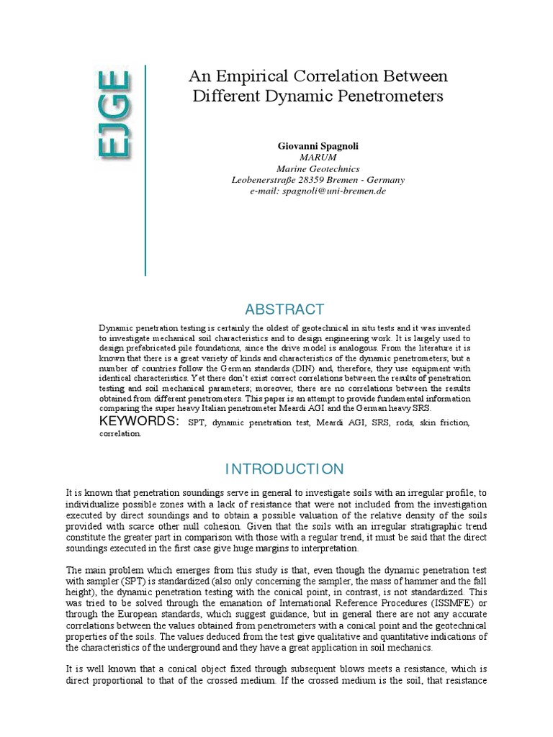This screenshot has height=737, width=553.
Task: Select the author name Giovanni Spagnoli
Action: pyautogui.click(x=318, y=145)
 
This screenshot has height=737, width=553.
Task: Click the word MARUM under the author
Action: pyautogui.click(x=318, y=157)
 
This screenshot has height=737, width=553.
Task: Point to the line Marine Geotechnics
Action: pyautogui.click(x=318, y=168)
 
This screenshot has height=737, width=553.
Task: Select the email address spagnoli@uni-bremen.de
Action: pyautogui.click(x=334, y=191)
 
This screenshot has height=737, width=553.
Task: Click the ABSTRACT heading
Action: pyautogui.click(x=284, y=309)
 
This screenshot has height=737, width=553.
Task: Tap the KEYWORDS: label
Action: pyautogui.click(x=138, y=421)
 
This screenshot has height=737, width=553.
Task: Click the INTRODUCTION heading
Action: pyautogui.click(x=284, y=469)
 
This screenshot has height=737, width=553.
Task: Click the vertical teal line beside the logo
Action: pyautogui.click(x=145, y=170)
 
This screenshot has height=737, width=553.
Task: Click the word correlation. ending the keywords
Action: pyautogui.click(x=120, y=434)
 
